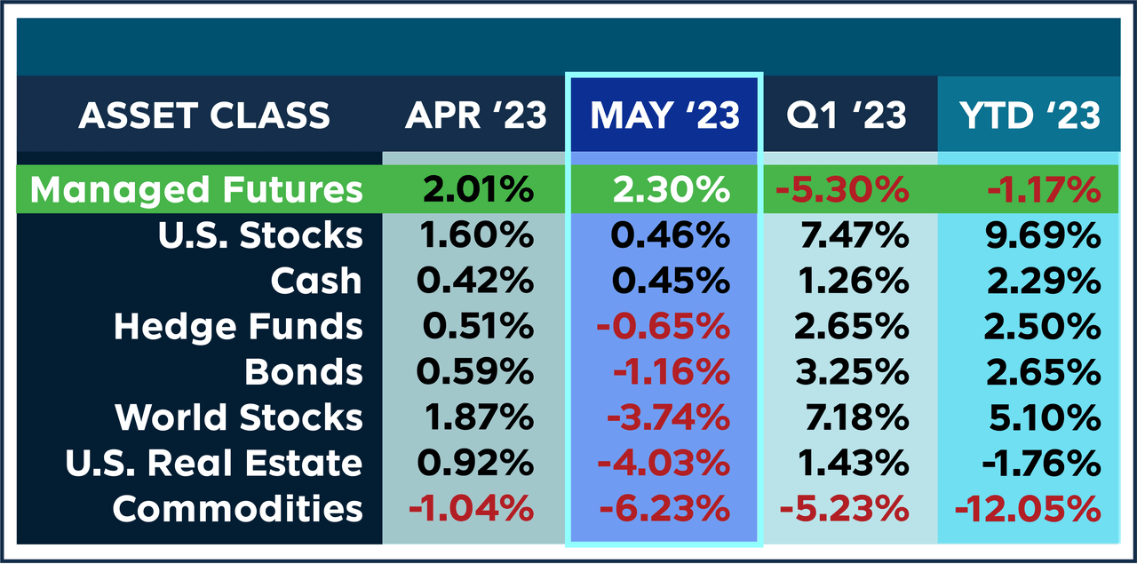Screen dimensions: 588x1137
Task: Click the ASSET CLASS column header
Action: pos(203,115)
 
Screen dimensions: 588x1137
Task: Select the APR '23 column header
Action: pos(476,115)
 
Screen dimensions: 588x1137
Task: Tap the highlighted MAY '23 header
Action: pos(664,115)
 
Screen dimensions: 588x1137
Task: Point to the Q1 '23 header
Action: pos(847,115)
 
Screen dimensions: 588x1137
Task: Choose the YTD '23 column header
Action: pos(1030,115)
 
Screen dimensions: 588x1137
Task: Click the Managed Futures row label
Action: pos(196,189)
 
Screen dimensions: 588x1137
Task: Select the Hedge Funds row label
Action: pos(238,327)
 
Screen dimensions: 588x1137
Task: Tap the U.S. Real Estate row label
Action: pos(214,463)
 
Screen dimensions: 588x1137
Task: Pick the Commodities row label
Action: pos(238,509)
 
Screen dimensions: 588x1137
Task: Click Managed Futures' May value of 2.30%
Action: pos(672,189)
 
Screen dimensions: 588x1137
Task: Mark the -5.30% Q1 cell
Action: pos(844,189)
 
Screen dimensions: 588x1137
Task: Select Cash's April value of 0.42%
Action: pos(475,281)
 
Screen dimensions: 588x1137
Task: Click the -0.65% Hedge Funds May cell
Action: pos(664,327)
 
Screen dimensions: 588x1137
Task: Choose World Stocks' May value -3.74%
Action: pos(664,417)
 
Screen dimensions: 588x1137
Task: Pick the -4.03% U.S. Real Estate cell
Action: pos(664,463)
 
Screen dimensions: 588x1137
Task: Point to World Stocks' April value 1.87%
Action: pos(477,417)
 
